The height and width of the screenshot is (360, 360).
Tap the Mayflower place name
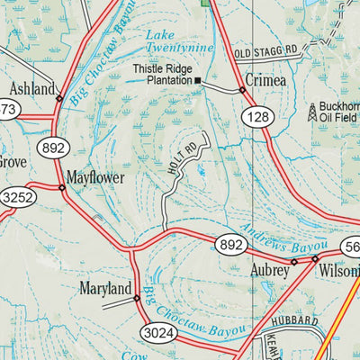click(x=94, y=177)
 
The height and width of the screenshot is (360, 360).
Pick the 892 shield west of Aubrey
click(x=230, y=243)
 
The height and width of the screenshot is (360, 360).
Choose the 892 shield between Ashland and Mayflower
click(x=52, y=148)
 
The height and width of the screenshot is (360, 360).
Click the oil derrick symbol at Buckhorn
click(x=312, y=112)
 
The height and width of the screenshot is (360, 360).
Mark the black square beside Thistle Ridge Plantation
click(x=199, y=81)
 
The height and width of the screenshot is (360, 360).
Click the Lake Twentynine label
click(x=179, y=40)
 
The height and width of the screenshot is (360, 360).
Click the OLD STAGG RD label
click(x=265, y=54)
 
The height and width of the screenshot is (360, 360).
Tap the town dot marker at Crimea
click(x=242, y=90)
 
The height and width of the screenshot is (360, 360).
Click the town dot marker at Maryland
click(x=137, y=298)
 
